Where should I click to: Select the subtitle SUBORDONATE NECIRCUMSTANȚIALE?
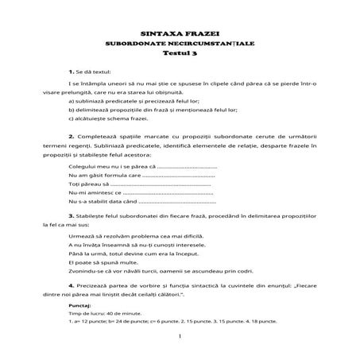[180, 44]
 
